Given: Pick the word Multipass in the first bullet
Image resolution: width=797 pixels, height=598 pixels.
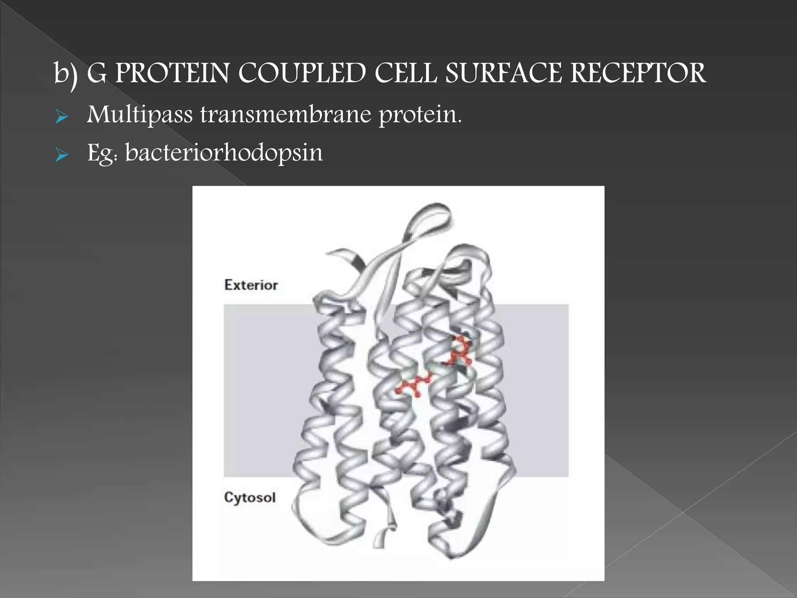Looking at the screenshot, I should [x=140, y=115].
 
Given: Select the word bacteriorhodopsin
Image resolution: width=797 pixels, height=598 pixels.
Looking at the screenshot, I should [x=224, y=153].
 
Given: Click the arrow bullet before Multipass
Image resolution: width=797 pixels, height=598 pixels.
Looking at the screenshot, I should [x=61, y=116].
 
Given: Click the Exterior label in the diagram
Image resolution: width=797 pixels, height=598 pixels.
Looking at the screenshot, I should [x=251, y=285].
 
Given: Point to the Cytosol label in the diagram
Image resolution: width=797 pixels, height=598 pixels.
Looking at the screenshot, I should [x=250, y=497].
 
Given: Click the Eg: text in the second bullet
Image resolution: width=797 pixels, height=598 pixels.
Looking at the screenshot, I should [x=102, y=153].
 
